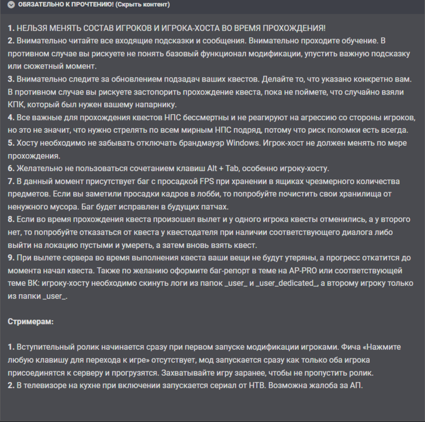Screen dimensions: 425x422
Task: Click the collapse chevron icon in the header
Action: [x=11, y=5]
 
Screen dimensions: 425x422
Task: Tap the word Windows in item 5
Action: [x=241, y=142]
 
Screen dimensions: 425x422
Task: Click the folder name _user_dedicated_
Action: [x=287, y=284]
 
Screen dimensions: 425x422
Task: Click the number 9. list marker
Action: [x=11, y=258]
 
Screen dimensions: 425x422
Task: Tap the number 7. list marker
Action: [x=11, y=181]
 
